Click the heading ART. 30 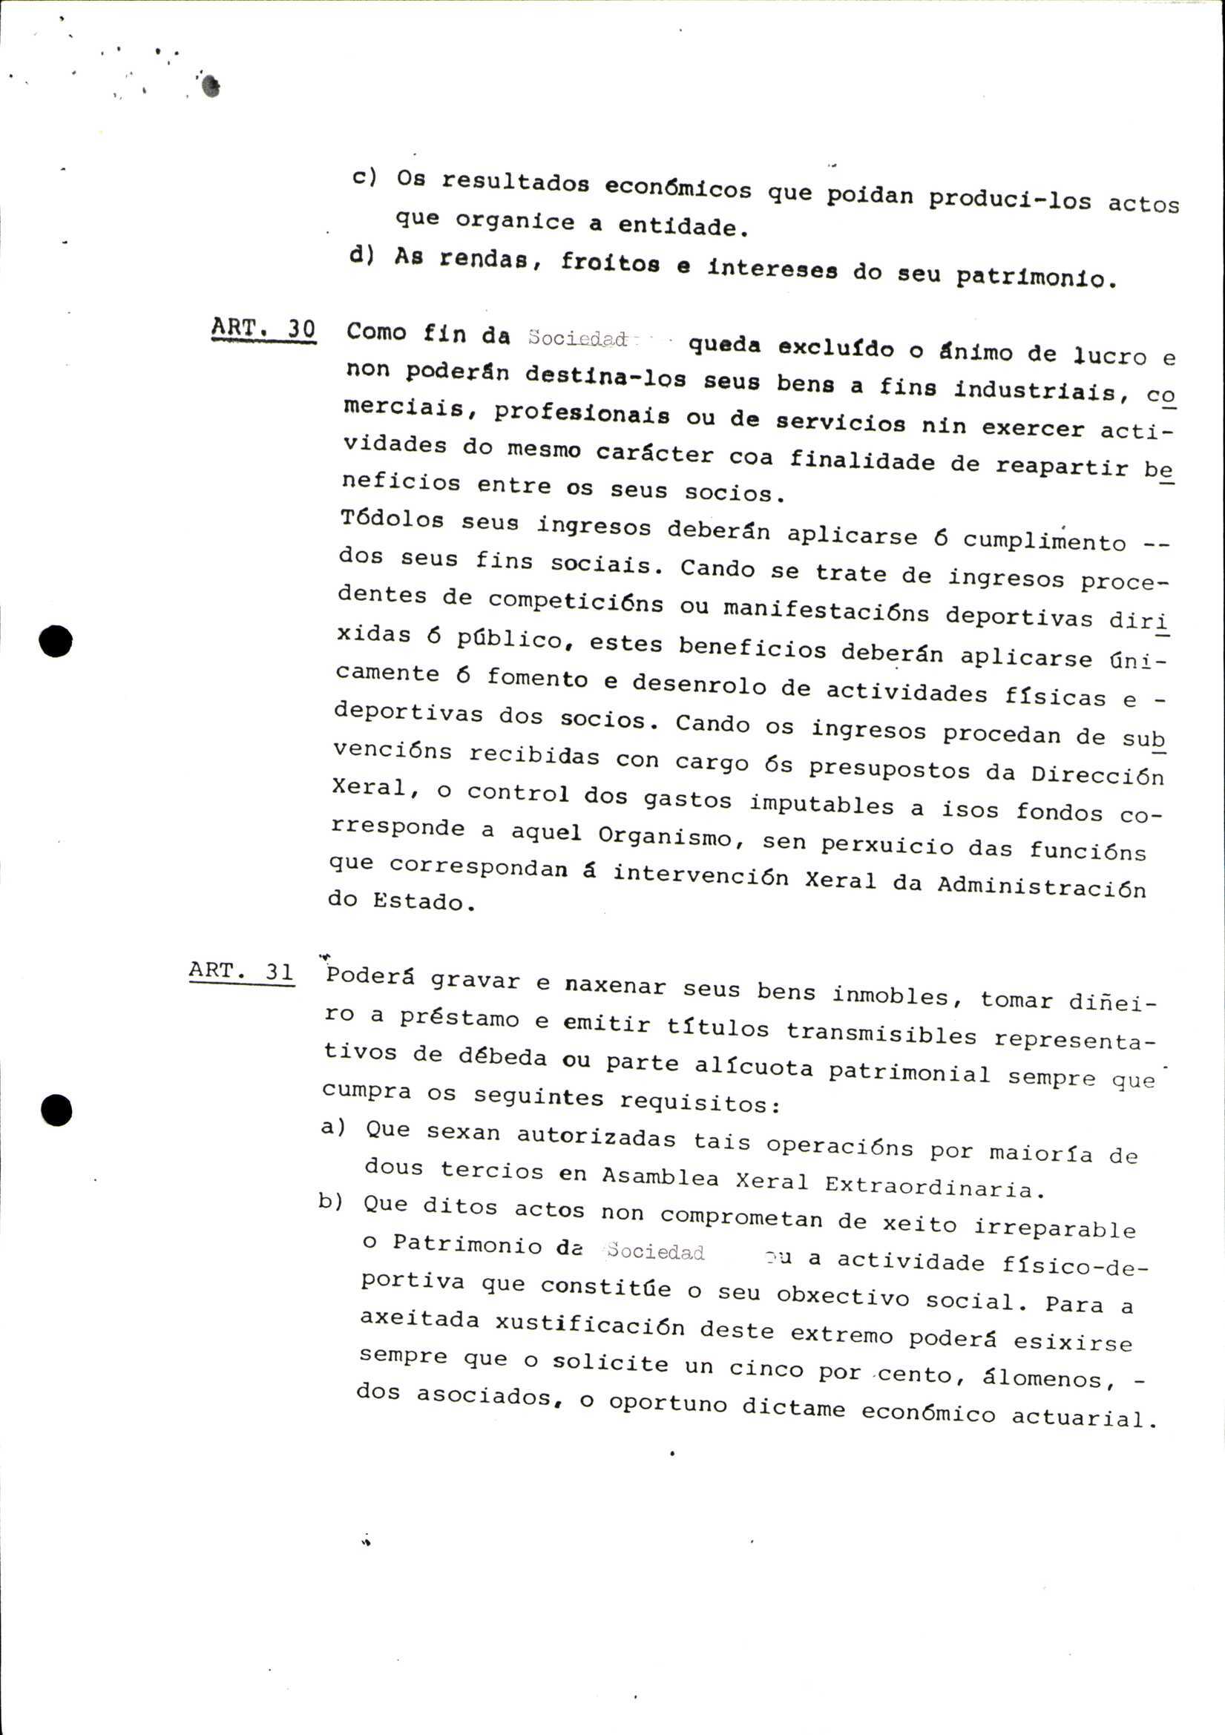tap(263, 330)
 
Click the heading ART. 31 tap(241, 970)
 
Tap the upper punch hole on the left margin tap(56, 642)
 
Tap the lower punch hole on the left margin tap(56, 1111)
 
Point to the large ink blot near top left tap(211, 86)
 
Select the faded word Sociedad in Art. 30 tap(578, 338)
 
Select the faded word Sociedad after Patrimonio tap(655, 1251)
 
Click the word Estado tap(417, 901)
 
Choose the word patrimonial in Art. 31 tap(908, 1073)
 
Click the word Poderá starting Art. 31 tap(370, 976)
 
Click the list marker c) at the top tap(364, 177)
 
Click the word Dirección tap(1097, 774)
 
